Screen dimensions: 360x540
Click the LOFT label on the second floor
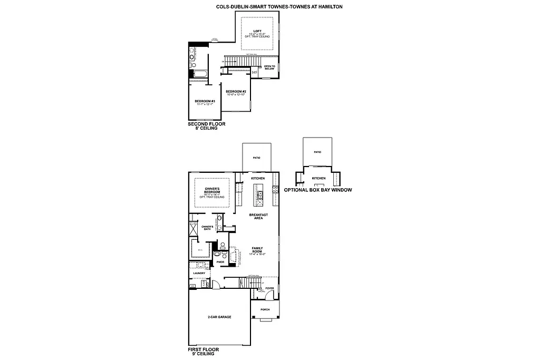point(257,31)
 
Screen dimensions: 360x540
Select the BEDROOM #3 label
point(205,101)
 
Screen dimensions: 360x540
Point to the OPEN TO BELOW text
point(269,67)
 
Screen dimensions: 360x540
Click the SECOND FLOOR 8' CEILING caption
point(202,126)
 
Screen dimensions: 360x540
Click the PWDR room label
point(220,262)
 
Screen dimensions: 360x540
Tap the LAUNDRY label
point(199,273)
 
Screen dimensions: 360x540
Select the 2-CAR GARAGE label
point(219,317)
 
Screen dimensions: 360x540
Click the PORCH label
point(265,309)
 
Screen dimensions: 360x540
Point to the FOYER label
point(269,288)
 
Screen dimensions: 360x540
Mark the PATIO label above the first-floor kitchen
point(256,158)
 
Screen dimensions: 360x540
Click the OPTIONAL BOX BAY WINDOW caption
point(318,190)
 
